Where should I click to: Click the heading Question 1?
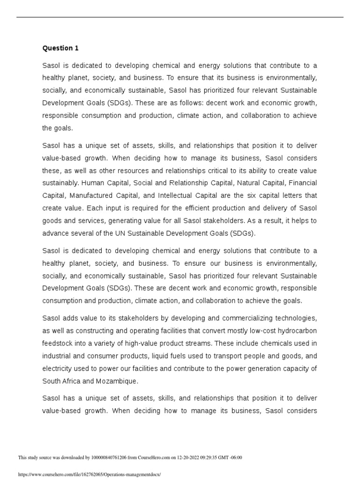point(58,48)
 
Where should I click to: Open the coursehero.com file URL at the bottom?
point(89,474)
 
